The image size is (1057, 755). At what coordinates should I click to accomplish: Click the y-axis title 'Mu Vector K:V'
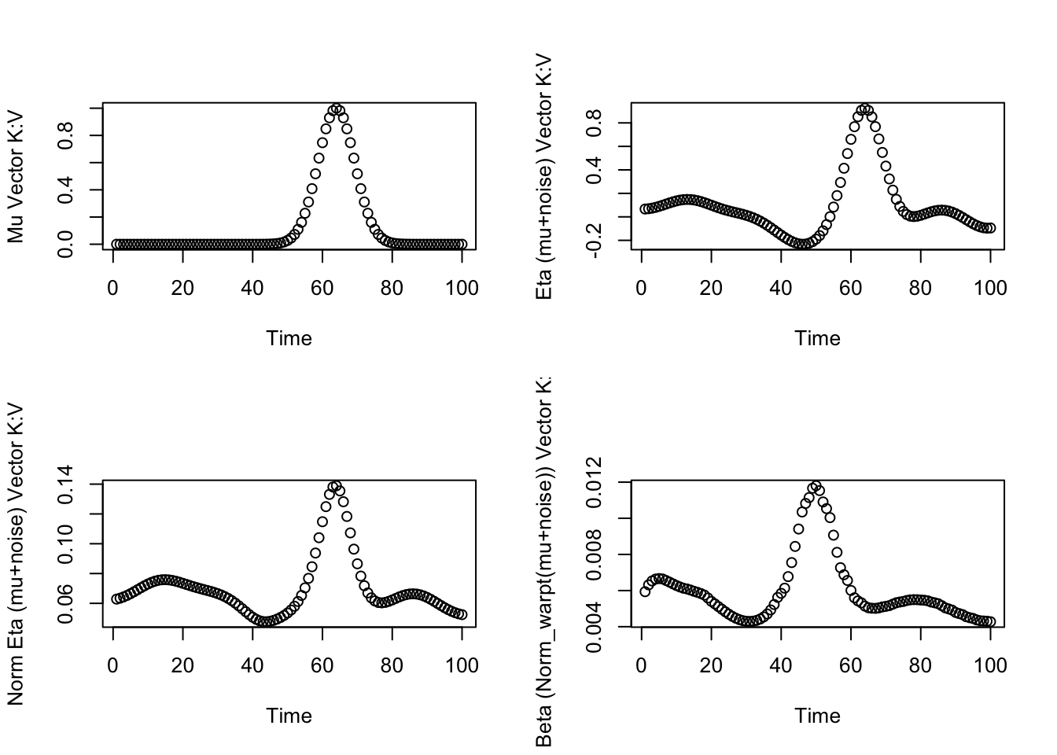(x=16, y=177)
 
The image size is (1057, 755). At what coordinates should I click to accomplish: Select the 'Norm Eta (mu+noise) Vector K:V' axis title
(x=16, y=554)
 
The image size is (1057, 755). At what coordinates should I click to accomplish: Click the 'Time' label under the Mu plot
(x=289, y=339)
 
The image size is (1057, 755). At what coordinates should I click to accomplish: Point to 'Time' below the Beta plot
(x=817, y=716)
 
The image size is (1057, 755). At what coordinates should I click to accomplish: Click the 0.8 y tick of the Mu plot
(x=66, y=135)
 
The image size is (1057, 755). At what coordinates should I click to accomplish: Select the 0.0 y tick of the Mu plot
(x=66, y=244)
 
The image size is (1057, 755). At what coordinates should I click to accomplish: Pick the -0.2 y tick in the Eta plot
(x=595, y=240)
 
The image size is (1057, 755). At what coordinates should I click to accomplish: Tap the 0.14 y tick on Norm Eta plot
(x=66, y=484)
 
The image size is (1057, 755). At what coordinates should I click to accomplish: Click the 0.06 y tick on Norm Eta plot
(x=66, y=603)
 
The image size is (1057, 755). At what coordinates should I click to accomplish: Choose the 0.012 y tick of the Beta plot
(x=595, y=482)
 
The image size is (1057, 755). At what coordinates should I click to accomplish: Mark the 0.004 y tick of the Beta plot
(x=595, y=627)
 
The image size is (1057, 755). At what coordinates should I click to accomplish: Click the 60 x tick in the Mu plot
(x=322, y=289)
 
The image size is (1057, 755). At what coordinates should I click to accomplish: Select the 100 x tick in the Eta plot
(x=990, y=289)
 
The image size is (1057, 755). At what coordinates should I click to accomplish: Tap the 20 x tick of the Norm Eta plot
(x=182, y=666)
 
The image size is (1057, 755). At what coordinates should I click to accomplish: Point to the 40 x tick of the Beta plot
(x=781, y=666)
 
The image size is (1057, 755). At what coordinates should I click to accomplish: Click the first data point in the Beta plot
(x=645, y=591)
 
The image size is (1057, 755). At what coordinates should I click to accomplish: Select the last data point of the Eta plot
(x=991, y=228)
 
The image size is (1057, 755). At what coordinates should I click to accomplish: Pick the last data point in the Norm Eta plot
(x=462, y=615)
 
